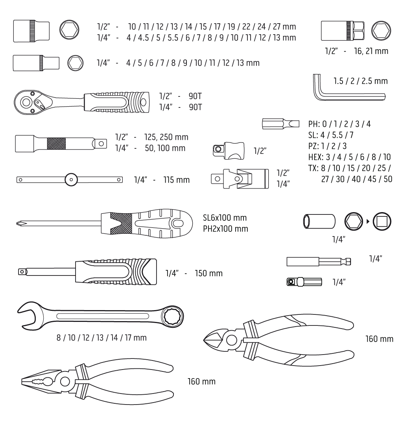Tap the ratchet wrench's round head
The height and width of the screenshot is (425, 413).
tap(27, 102)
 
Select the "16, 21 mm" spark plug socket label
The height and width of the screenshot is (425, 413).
tap(371, 51)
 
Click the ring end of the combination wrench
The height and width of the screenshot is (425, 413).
tap(172, 316)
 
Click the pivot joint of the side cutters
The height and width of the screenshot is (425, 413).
tap(231, 340)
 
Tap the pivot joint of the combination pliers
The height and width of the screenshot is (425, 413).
tap(65, 381)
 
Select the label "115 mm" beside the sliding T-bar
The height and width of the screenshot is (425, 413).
tap(177, 180)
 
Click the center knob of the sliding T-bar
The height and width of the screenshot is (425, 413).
tap(71, 179)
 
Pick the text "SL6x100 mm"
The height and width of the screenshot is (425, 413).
tap(225, 218)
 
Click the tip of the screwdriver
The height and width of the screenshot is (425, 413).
tap(18, 224)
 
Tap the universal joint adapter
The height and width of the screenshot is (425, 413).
tap(240, 179)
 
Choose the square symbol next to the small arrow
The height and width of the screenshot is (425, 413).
tap(382, 222)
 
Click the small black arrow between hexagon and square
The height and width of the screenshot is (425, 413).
tap(368, 222)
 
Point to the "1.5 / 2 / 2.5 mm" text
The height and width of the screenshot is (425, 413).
tap(360, 81)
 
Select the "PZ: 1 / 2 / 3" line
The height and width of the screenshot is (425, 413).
tap(327, 146)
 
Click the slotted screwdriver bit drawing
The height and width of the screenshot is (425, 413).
tap(281, 124)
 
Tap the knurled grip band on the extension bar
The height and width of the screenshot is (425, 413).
tap(56, 144)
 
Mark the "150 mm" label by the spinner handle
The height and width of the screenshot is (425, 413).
tap(209, 273)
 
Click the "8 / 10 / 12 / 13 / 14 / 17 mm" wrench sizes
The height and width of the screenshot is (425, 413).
tap(101, 338)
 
